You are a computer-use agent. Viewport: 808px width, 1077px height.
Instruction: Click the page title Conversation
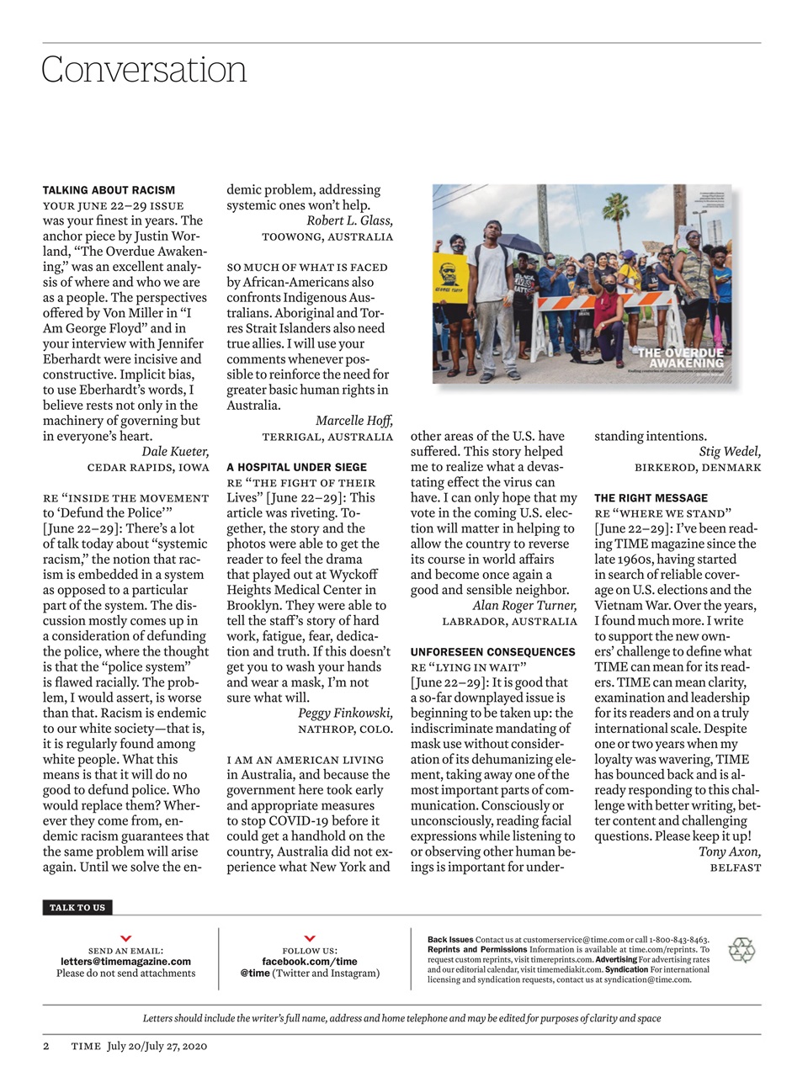click(x=144, y=70)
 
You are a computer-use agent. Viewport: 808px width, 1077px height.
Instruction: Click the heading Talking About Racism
click(x=109, y=190)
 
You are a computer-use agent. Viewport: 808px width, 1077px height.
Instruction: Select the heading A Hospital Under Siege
click(x=296, y=467)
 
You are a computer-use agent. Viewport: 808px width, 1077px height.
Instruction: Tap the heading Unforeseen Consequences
click(x=492, y=652)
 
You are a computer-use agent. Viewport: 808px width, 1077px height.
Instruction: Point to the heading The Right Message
click(x=651, y=498)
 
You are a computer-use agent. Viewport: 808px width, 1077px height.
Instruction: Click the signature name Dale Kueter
click(x=175, y=452)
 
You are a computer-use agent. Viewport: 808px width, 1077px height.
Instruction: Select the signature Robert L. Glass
click(x=349, y=221)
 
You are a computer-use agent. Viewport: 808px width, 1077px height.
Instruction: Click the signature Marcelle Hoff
click(x=353, y=421)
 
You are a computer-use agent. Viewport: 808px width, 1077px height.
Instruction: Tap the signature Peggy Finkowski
click(x=345, y=714)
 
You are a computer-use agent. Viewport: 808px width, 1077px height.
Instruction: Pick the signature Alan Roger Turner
click(x=524, y=606)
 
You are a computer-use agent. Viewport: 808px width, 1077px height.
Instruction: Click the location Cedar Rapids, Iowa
click(x=148, y=468)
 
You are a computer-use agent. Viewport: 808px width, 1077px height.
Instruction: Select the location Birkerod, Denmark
click(x=697, y=468)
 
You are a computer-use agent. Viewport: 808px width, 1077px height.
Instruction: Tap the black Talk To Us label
click(x=77, y=907)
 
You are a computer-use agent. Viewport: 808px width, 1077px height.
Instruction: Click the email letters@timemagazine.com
click(x=125, y=961)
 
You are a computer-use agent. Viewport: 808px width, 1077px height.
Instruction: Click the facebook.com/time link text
click(x=309, y=961)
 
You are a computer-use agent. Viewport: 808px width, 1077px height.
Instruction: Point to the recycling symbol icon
click(x=742, y=950)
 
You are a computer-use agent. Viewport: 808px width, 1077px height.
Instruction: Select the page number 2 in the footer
click(x=46, y=1046)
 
